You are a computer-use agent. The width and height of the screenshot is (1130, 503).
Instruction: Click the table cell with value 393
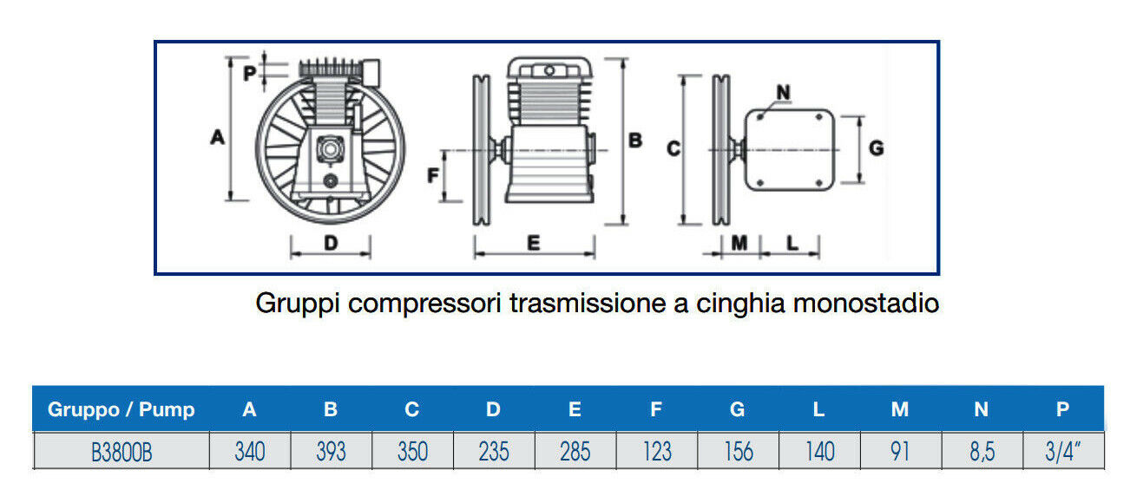click(x=331, y=452)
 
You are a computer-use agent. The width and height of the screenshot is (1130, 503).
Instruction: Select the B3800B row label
click(x=121, y=452)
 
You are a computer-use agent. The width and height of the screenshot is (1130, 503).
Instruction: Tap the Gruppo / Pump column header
click(x=122, y=409)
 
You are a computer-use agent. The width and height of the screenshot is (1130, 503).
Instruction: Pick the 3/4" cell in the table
click(x=1062, y=452)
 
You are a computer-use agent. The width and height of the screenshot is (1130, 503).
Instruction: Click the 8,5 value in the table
click(x=981, y=452)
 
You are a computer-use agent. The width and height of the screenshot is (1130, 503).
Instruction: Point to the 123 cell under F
click(x=656, y=452)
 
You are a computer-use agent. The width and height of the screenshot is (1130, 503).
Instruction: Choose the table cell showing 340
click(x=250, y=452)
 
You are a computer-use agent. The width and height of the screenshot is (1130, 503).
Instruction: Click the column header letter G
click(x=737, y=409)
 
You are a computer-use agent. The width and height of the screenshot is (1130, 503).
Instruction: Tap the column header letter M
click(x=900, y=409)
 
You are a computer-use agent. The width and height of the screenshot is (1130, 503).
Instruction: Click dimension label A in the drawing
click(x=218, y=136)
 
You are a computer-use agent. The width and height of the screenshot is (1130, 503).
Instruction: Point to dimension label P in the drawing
click(x=249, y=74)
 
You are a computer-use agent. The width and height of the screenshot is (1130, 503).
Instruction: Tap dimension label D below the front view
click(x=330, y=244)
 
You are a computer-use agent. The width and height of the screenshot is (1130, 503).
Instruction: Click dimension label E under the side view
click(x=533, y=244)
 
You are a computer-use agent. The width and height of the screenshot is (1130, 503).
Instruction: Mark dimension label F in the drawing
click(x=433, y=176)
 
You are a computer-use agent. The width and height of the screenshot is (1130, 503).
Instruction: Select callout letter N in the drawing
click(x=783, y=91)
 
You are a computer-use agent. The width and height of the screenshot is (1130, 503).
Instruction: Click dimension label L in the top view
click(x=792, y=244)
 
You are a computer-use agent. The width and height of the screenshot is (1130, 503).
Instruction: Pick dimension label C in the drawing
click(x=672, y=149)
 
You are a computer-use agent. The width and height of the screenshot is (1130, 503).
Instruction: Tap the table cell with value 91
click(x=900, y=452)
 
